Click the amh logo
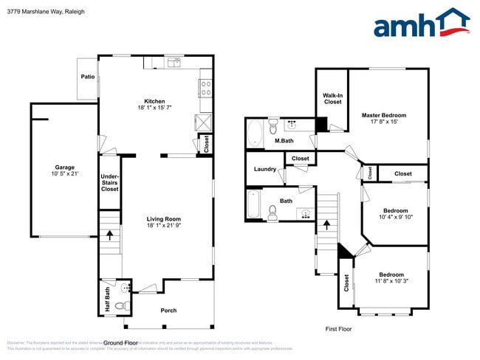coord(422,24)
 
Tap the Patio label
coord(86,75)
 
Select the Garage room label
coord(64,170)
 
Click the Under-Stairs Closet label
coord(109,182)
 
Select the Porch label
coord(168,311)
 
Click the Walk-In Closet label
coord(332,98)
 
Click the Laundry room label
coord(264,170)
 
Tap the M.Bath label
coord(284,141)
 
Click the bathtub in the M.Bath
coord(255,134)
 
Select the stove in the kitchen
coord(205,89)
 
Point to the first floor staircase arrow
coord(326,224)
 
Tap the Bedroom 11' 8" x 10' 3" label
coord(391,277)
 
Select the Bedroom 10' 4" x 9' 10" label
coord(395,213)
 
